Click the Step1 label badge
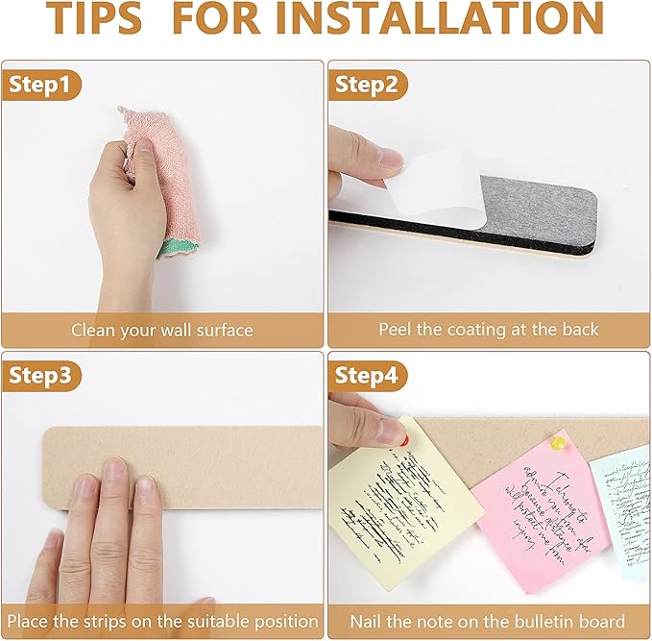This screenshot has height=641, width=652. click(x=39, y=85)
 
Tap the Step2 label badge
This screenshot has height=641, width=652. click(x=366, y=85)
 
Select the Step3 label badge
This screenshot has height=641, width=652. click(x=40, y=376)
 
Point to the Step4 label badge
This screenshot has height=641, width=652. click(x=366, y=376)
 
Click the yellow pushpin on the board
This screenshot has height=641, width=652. click(x=556, y=443)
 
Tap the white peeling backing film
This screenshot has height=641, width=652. click(x=423, y=183)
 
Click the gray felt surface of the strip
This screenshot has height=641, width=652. click(x=538, y=207)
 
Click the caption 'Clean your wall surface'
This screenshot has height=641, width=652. click(x=162, y=330)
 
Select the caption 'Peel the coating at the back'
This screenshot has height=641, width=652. click(x=488, y=330)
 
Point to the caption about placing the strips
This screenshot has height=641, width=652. click(x=162, y=621)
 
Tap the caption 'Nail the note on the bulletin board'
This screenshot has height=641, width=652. click(x=488, y=621)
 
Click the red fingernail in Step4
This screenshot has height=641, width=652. click(x=404, y=440)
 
